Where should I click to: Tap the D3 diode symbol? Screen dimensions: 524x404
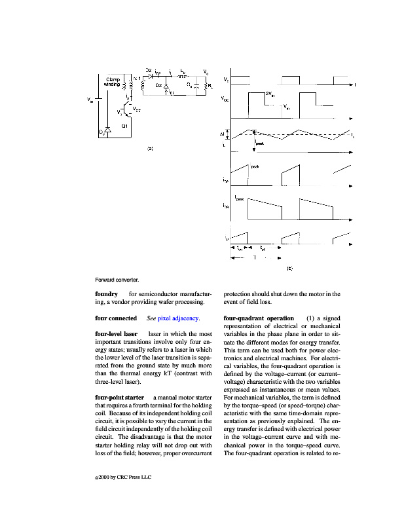pyautogui.click(x=166, y=86)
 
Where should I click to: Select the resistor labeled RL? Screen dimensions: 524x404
pyautogui.click(x=207, y=86)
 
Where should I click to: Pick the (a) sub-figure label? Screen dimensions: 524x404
pyautogui.click(x=150, y=149)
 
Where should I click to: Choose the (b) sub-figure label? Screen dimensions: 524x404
pyautogui.click(x=289, y=267)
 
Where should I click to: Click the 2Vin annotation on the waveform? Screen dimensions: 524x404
pyautogui.click(x=268, y=94)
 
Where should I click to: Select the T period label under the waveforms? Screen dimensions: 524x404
pyautogui.click(x=255, y=257)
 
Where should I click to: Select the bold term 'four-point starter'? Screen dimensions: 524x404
pyautogui.click(x=119, y=398)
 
